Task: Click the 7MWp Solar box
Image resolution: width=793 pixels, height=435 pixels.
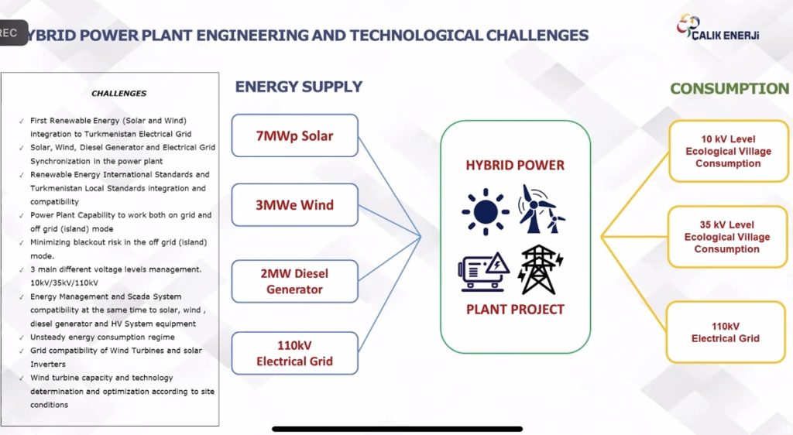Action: click(x=295, y=135)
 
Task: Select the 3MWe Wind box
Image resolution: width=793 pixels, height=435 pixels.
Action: click(x=295, y=204)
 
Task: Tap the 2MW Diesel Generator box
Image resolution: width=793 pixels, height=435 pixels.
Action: click(x=295, y=282)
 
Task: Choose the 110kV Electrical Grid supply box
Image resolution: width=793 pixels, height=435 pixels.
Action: click(x=295, y=353)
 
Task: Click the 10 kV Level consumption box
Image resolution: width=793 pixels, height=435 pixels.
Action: click(x=728, y=151)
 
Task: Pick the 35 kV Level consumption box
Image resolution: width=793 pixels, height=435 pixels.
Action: click(x=727, y=236)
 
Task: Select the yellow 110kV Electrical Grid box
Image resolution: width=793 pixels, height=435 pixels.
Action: click(x=726, y=332)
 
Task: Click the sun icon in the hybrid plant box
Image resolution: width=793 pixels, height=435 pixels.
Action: click(x=486, y=211)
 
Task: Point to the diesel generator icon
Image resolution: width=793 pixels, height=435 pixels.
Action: click(x=484, y=272)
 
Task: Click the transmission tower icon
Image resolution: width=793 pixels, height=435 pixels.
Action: click(x=541, y=270)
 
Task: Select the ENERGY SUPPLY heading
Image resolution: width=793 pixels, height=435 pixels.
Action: click(x=298, y=87)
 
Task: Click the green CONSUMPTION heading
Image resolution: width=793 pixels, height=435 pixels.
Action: click(x=729, y=88)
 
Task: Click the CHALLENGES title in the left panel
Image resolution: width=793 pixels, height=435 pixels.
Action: click(x=118, y=94)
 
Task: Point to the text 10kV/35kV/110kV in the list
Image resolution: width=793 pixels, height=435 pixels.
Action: click(x=64, y=283)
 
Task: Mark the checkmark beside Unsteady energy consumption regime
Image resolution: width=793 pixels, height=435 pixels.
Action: click(x=21, y=338)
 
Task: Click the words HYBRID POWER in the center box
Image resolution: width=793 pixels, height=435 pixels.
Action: click(x=515, y=165)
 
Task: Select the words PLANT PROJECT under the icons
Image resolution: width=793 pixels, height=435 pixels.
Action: click(x=515, y=309)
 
